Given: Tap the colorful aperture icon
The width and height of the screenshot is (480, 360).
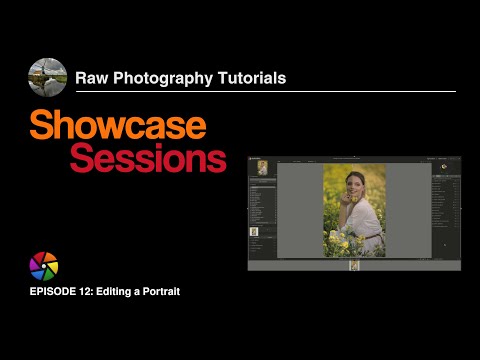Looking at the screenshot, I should click(44, 266).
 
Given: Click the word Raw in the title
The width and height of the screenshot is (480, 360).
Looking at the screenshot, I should click(93, 77).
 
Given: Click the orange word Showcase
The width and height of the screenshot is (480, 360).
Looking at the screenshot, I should click(118, 126).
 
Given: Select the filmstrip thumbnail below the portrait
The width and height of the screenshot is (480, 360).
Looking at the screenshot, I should click(354, 265).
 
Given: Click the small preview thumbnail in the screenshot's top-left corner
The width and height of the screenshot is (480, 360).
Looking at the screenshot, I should click(262, 167).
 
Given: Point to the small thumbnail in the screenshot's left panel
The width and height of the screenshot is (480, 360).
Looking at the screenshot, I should click(254, 232).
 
